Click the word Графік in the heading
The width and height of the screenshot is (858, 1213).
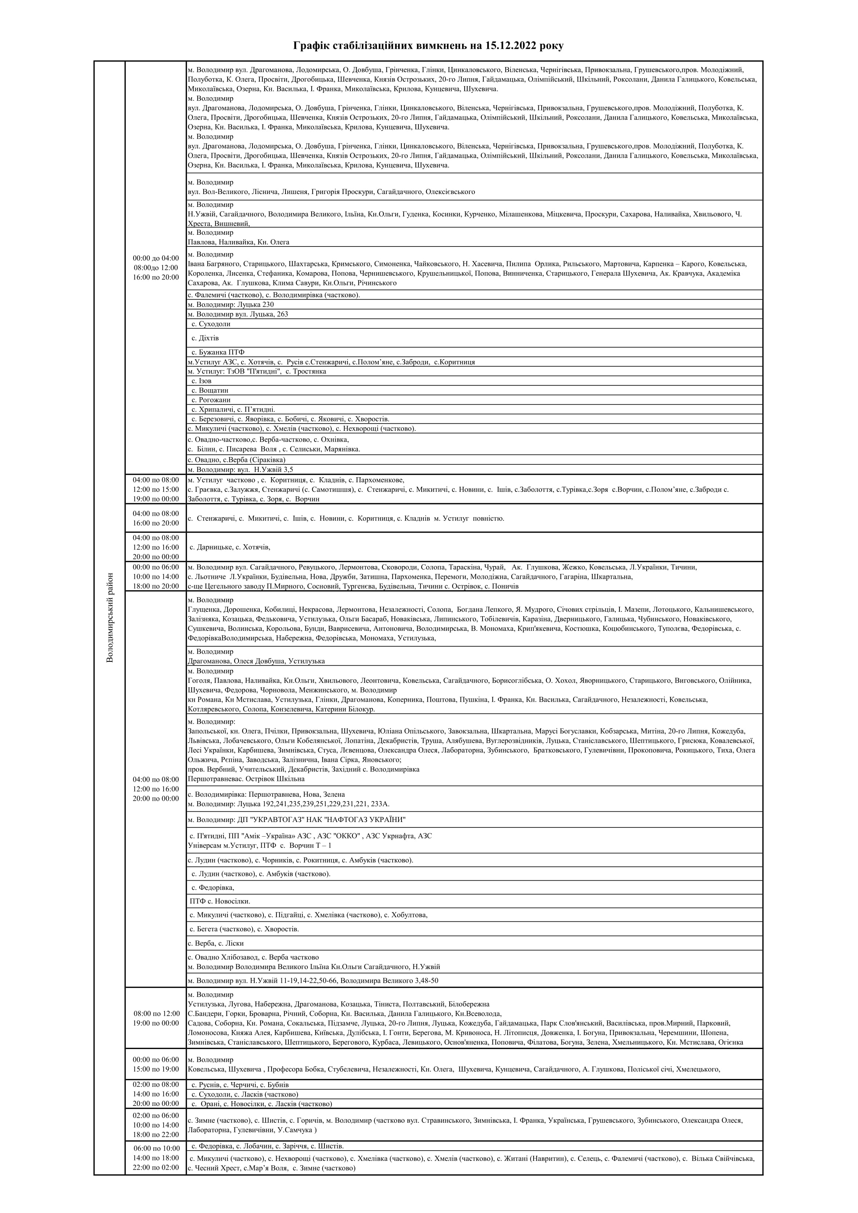[312, 46]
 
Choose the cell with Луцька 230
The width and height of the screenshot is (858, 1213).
[231, 304]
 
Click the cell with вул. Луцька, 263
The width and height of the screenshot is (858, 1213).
[238, 314]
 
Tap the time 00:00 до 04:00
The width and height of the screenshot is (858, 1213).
[156, 258]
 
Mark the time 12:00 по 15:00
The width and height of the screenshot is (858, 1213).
[156, 489]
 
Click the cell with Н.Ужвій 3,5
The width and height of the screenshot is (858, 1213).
[240, 470]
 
